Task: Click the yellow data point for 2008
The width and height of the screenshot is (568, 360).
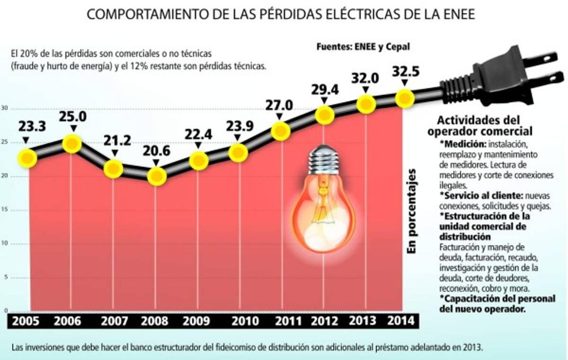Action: [157, 177]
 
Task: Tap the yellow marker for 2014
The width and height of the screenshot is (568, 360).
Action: [405, 99]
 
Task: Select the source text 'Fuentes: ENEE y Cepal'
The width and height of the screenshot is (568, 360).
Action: [363, 46]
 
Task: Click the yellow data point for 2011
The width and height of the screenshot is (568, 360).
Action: [281, 131]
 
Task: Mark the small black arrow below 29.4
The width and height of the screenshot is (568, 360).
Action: [324, 101]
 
